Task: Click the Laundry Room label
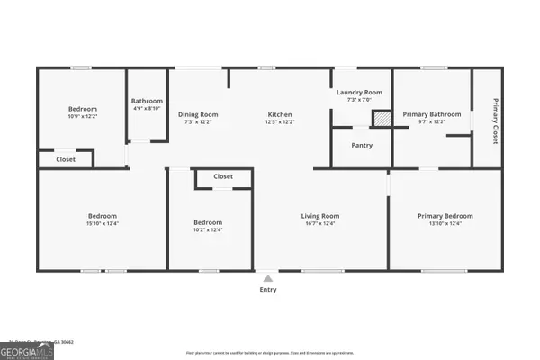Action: [x=359, y=93]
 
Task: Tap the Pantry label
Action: [x=362, y=145]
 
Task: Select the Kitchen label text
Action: [x=280, y=114]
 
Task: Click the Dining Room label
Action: [x=197, y=114]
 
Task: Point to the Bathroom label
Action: [x=147, y=101]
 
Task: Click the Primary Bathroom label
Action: [x=432, y=114]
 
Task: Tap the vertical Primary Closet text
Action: [x=494, y=121]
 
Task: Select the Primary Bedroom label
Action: [x=445, y=216]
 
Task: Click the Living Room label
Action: [x=319, y=216]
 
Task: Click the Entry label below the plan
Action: [x=268, y=290]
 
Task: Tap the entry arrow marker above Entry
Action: [x=267, y=277]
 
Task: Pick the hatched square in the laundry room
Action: [x=382, y=119]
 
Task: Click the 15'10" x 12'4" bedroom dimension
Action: [x=102, y=224]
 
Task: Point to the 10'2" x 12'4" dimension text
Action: [x=208, y=230]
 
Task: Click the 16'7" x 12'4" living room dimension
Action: [x=319, y=224]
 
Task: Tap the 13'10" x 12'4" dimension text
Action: [x=445, y=224]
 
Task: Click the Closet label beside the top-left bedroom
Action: [x=66, y=159]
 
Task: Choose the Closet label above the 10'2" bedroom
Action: [x=223, y=176]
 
